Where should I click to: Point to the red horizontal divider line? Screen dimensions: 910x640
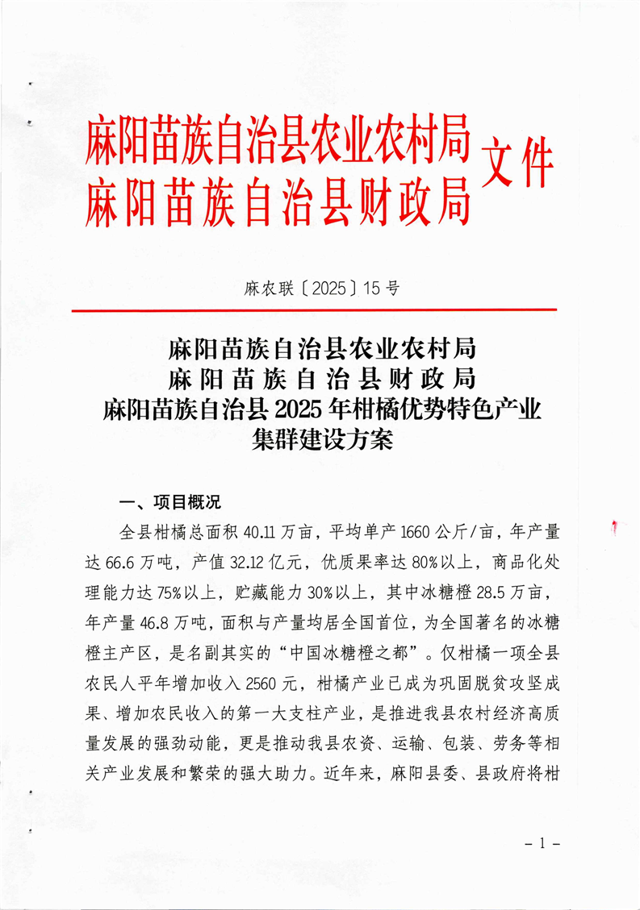click(x=314, y=310)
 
